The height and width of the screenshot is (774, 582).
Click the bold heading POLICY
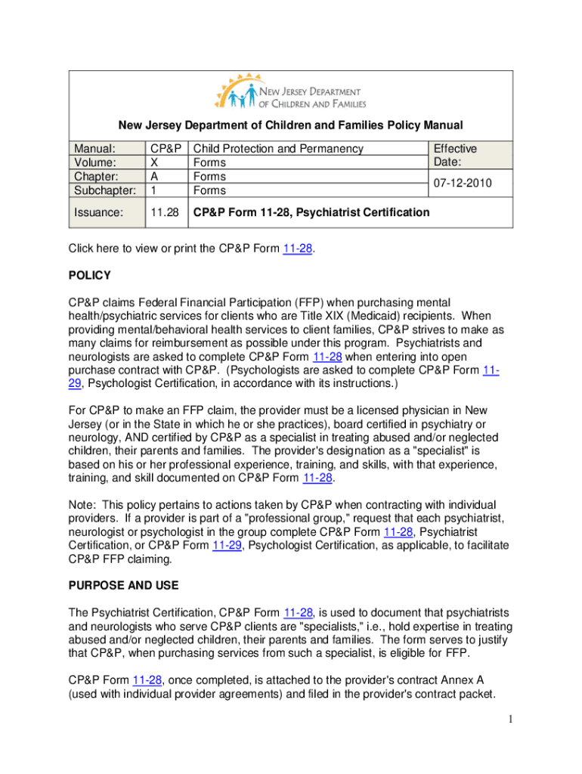tap(90, 275)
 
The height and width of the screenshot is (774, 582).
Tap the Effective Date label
tap(454, 156)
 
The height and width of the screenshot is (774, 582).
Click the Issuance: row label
tap(95, 212)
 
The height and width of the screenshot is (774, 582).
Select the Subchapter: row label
tap(104, 190)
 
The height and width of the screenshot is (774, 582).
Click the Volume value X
tap(154, 163)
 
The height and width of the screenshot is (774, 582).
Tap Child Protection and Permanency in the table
tap(278, 149)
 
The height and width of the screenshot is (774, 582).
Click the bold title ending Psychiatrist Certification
tap(311, 212)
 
